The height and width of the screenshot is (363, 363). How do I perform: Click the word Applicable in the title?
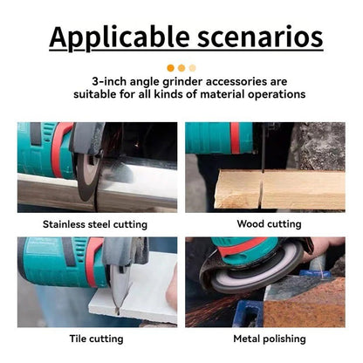[x=120, y=38]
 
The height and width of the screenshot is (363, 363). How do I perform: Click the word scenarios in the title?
[x=260, y=37]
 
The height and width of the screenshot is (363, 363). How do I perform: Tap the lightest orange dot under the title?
[x=192, y=68]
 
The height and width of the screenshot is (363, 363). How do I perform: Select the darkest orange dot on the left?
[x=171, y=68]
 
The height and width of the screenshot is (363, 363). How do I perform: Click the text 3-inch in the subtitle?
[x=109, y=81]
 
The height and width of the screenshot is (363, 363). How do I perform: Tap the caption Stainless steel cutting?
[x=95, y=224]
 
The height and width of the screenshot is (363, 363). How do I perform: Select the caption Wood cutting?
[x=269, y=224]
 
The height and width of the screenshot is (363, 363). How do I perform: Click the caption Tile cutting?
[x=96, y=339]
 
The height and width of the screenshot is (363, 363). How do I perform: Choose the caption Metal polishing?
[x=270, y=339]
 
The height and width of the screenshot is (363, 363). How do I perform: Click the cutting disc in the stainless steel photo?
[x=88, y=176]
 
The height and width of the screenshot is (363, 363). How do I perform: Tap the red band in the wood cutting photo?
[x=235, y=138]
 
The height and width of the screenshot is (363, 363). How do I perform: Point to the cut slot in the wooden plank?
[x=262, y=189]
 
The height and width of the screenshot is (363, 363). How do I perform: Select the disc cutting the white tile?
[x=119, y=288]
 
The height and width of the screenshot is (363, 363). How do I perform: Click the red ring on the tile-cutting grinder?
[x=92, y=262]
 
